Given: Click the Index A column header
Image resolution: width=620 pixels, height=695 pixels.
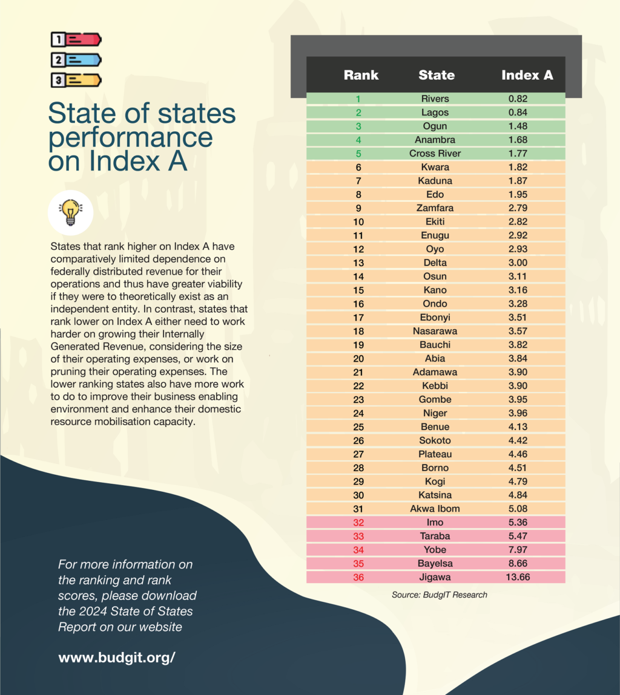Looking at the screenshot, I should (x=527, y=76).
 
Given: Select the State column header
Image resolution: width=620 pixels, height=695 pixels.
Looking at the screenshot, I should (x=436, y=76).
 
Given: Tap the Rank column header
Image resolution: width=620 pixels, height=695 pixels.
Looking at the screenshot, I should (x=361, y=76).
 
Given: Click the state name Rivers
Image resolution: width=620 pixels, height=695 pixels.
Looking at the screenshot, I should (x=435, y=99).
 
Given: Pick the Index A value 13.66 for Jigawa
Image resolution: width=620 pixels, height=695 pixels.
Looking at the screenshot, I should (x=517, y=577).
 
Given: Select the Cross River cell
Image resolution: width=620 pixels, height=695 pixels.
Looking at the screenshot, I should (x=435, y=153).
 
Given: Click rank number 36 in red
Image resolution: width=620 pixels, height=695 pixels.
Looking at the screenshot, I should (x=358, y=577).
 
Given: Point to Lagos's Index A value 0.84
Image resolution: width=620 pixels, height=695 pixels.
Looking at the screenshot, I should (x=517, y=113).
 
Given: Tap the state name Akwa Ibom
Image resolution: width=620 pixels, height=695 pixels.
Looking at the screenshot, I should (x=435, y=509).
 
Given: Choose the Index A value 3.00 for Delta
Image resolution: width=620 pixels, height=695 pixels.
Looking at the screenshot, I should (x=517, y=263).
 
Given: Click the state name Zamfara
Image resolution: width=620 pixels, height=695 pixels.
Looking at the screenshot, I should (x=435, y=208).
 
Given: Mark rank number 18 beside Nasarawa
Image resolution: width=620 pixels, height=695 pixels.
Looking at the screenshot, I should (x=358, y=331).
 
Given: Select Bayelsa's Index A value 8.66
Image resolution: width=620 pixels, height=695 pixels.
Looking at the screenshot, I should (x=517, y=563).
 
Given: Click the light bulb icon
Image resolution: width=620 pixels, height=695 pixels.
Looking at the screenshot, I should (x=70, y=212).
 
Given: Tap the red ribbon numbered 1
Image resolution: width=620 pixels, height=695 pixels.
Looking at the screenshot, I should (x=76, y=40).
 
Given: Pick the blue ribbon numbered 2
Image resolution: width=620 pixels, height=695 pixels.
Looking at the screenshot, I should (x=76, y=60).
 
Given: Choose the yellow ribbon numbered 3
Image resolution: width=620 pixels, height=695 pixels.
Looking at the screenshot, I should (x=76, y=79).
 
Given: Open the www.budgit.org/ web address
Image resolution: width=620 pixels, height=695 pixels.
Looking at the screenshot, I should (x=117, y=657).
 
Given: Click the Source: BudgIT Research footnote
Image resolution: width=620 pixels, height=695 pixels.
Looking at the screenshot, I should (x=439, y=595).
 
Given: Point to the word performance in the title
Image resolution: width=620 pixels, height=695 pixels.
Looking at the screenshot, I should (x=130, y=138).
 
